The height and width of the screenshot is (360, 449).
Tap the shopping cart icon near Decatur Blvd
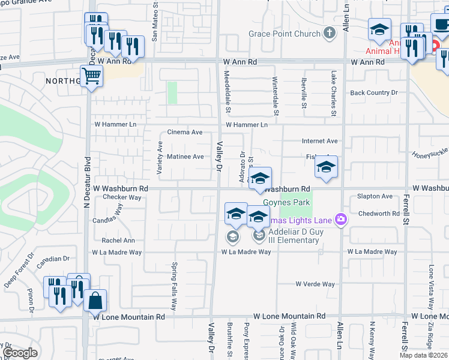(91, 76)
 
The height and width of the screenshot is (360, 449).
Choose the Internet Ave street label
(320, 141)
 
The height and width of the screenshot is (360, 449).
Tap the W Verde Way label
(315, 284)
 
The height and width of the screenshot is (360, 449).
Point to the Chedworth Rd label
(378, 214)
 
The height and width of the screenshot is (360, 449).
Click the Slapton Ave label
(375, 196)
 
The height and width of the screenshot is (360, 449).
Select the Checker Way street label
(122, 197)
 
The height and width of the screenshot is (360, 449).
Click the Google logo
(19, 353)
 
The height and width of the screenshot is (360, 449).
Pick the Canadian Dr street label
(54, 259)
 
